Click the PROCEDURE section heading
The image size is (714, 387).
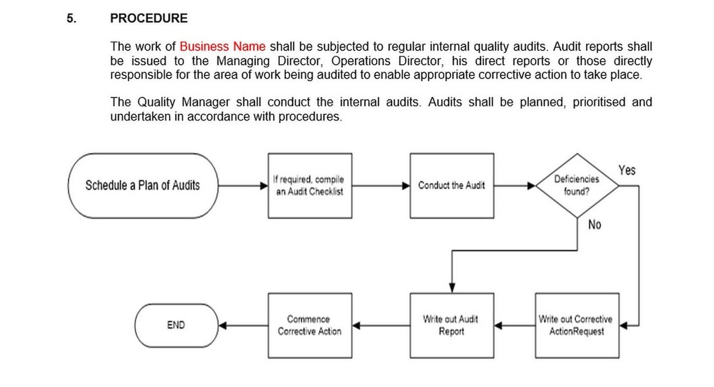click(x=148, y=19)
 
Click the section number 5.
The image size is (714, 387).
click(x=71, y=19)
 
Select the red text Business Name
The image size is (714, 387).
click(x=222, y=46)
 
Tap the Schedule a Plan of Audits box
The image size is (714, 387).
click(x=143, y=185)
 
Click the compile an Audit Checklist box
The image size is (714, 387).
click(x=309, y=185)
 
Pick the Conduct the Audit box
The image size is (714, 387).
click(x=452, y=185)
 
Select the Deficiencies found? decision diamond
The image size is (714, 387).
click(x=576, y=185)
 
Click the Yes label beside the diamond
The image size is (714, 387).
click(x=626, y=170)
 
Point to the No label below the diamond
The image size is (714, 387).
click(x=594, y=225)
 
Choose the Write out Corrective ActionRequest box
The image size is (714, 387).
click(x=577, y=326)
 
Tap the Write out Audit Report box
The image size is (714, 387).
click(x=452, y=326)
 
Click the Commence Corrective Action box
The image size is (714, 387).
click(x=309, y=326)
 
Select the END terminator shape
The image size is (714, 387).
click(x=176, y=325)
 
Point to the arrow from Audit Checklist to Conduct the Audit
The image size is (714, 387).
click(x=381, y=185)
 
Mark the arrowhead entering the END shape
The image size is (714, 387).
click(x=222, y=326)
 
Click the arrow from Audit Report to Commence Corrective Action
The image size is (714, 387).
click(x=381, y=326)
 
